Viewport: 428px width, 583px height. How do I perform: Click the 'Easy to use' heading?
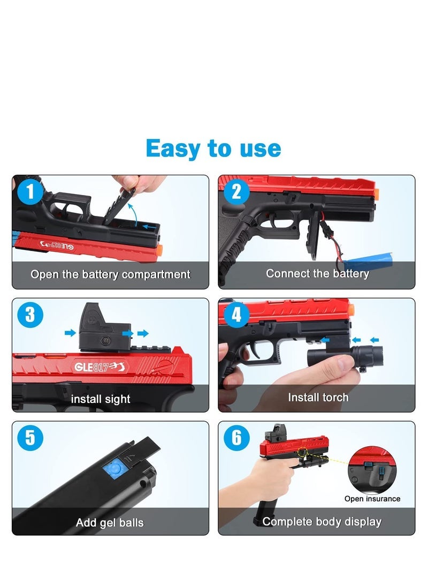213,148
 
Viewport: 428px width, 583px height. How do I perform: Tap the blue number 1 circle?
30,192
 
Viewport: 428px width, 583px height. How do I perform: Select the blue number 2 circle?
236,192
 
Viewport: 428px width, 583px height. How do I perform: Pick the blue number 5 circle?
30,438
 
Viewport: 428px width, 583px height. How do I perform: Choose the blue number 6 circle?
236,438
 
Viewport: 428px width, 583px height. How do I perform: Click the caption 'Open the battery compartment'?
110,275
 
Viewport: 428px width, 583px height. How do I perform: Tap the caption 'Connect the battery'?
317,274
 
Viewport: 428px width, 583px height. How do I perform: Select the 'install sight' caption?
101,399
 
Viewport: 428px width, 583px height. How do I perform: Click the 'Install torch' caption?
318,397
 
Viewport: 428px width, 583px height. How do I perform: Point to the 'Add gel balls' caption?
110,522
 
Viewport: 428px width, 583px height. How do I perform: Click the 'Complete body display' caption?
322,521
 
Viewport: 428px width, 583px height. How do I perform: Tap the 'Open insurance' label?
372,499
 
